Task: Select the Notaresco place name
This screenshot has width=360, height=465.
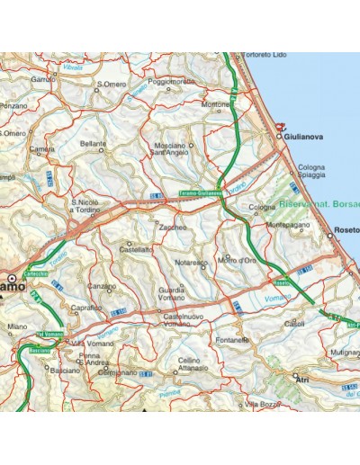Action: coord(192,262)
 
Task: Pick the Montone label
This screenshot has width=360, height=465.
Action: coord(217,103)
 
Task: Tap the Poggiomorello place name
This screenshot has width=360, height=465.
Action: coord(171,81)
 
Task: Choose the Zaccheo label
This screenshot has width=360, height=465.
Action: coord(173,228)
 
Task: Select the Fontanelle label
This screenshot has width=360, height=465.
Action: coord(232,341)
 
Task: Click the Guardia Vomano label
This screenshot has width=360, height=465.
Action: coord(172,294)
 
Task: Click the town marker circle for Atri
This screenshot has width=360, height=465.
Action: coord(295,376)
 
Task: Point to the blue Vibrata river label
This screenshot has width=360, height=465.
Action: coord(73,67)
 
